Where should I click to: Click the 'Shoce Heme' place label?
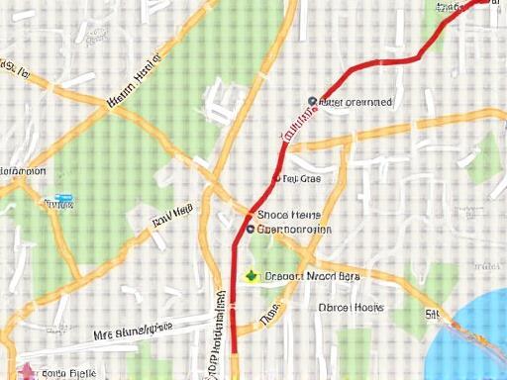coord(289,214)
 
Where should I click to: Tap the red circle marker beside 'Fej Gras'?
coord(276,179)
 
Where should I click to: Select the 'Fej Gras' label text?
coord(302,180)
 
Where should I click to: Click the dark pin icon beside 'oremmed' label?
coord(312,101)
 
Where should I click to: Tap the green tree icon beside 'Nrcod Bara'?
coord(252,276)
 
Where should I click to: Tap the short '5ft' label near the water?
coord(433,315)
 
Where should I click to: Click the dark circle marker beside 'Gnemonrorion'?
coord(250,230)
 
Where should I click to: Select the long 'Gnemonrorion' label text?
coord(294,230)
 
